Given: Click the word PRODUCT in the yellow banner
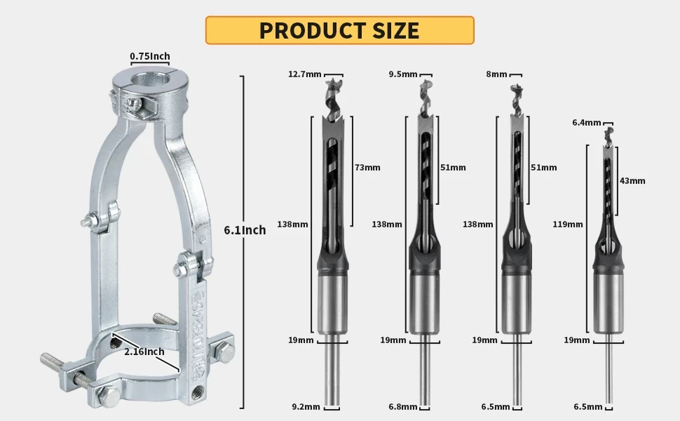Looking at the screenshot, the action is (311, 30).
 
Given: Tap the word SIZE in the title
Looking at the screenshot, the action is (395, 30).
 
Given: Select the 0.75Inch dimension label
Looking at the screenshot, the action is (150, 56).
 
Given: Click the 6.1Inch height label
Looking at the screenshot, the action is (245, 230).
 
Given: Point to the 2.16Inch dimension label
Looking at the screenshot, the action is (144, 352).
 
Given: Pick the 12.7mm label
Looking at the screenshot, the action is (305, 74).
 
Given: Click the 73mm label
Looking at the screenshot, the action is (367, 168).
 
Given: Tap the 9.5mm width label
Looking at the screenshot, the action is (403, 74).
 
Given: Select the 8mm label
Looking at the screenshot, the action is (496, 74).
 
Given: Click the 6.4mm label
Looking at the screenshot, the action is (586, 123).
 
